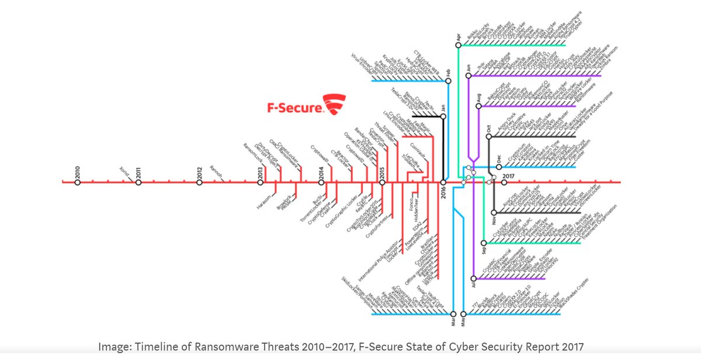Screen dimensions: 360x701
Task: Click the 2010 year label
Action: tap(77, 172)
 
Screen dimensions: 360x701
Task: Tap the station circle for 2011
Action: tap(138, 182)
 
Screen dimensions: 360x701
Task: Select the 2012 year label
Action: tap(199, 172)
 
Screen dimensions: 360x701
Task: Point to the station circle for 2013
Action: tap(261, 182)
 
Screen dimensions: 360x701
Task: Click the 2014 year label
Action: tap(321, 172)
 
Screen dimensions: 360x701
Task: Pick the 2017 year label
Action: tap(507, 175)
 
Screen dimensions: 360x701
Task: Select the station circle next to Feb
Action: tap(448, 81)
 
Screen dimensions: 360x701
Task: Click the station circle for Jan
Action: tap(443, 116)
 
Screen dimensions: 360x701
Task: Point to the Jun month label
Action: tap(469, 68)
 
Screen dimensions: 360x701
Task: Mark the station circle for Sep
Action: tap(484, 243)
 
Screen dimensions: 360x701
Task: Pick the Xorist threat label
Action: tap(124, 170)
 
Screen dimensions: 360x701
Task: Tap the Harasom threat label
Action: tap(265, 199)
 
